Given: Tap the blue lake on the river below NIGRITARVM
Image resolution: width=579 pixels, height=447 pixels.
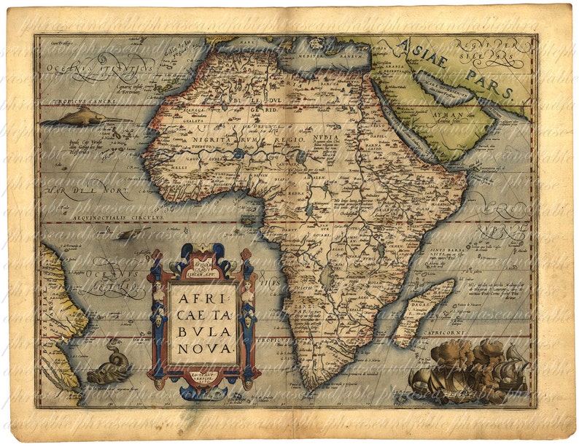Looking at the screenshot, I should coord(240,154).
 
